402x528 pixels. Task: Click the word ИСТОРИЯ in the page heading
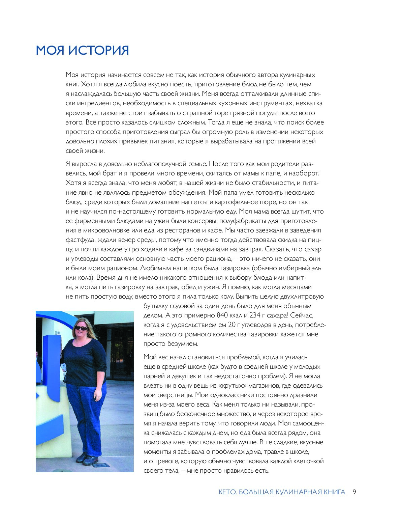(x=99, y=50)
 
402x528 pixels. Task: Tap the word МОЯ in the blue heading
(x=51, y=50)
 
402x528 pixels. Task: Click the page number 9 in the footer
(x=354, y=492)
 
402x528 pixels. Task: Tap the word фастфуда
(x=81, y=240)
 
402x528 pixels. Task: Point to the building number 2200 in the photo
(x=57, y=333)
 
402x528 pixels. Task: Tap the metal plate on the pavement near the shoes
(x=99, y=465)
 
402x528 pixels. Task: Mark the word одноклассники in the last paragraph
(x=225, y=395)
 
